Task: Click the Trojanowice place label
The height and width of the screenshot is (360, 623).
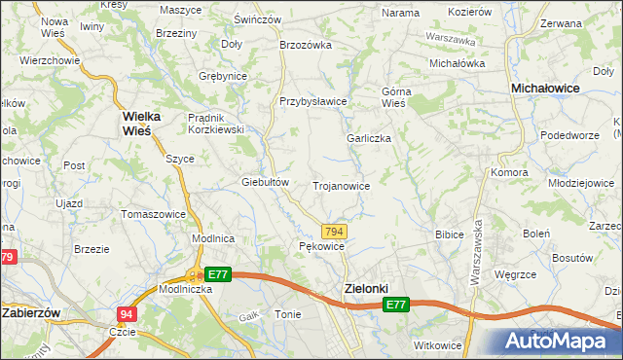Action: (x=340, y=185)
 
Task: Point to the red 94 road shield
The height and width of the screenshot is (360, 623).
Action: (x=127, y=314)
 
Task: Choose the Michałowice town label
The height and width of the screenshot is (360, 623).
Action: (x=546, y=88)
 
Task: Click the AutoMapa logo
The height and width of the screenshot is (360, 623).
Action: (x=562, y=342)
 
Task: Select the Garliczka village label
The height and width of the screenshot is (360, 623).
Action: (x=369, y=138)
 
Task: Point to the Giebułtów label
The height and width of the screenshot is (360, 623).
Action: (x=266, y=182)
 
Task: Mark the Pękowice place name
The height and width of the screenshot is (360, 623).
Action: (x=321, y=247)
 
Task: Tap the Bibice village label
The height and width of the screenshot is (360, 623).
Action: (x=449, y=234)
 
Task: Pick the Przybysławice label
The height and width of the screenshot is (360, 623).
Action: (x=313, y=101)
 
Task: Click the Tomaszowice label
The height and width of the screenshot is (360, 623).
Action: (x=153, y=213)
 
